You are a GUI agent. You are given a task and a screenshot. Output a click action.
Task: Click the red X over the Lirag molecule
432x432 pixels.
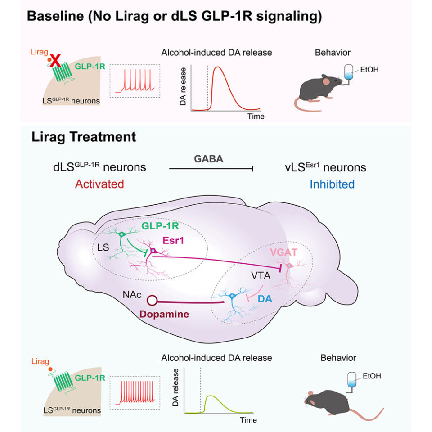point(56,61)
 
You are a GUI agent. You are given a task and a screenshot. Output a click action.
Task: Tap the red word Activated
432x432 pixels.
point(99,184)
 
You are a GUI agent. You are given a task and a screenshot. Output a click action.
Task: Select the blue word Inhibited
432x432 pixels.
point(332,184)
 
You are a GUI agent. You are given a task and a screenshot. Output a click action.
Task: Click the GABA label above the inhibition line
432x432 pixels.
point(208,159)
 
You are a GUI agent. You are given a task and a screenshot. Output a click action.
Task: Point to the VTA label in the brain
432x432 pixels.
point(261,275)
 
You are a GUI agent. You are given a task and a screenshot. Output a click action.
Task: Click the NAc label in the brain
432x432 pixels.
point(132,294)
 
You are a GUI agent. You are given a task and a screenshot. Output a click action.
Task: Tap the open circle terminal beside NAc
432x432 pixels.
point(152,300)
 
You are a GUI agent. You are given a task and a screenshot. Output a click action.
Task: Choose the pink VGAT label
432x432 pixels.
point(283,252)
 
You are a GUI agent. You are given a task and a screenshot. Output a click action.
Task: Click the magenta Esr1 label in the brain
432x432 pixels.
point(173,240)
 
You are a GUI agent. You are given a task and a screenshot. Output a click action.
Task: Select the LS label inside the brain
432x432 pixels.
point(103,247)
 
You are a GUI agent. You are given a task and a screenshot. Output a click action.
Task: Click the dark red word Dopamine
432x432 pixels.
point(164,314)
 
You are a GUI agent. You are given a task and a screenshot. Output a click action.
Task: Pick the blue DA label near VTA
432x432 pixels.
point(265,299)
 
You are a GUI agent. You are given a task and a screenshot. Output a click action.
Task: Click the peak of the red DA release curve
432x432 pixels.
point(218,67)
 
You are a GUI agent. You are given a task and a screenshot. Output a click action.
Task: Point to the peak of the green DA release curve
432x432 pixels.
point(211,396)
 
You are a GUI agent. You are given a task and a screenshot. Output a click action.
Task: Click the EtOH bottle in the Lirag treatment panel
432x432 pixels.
point(352,382)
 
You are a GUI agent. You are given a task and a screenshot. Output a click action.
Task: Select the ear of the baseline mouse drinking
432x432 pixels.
point(326,81)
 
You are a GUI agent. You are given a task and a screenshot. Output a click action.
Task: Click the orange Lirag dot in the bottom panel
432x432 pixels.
point(50,369)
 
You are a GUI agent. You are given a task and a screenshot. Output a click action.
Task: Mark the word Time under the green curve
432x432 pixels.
point(248,420)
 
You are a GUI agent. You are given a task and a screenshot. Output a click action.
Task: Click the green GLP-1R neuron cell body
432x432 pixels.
point(122,234)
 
